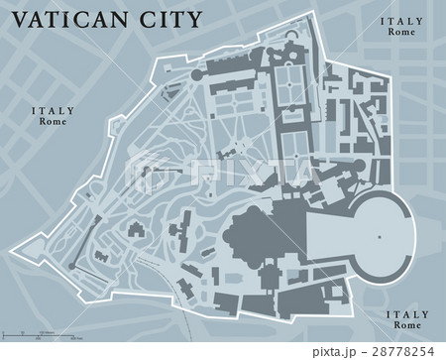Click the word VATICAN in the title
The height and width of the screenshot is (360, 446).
pyautogui.click(x=74, y=19)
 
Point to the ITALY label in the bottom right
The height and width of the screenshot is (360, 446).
pyautogui.click(x=405, y=315)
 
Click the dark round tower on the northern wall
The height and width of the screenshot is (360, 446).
pyautogui.click(x=194, y=74)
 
